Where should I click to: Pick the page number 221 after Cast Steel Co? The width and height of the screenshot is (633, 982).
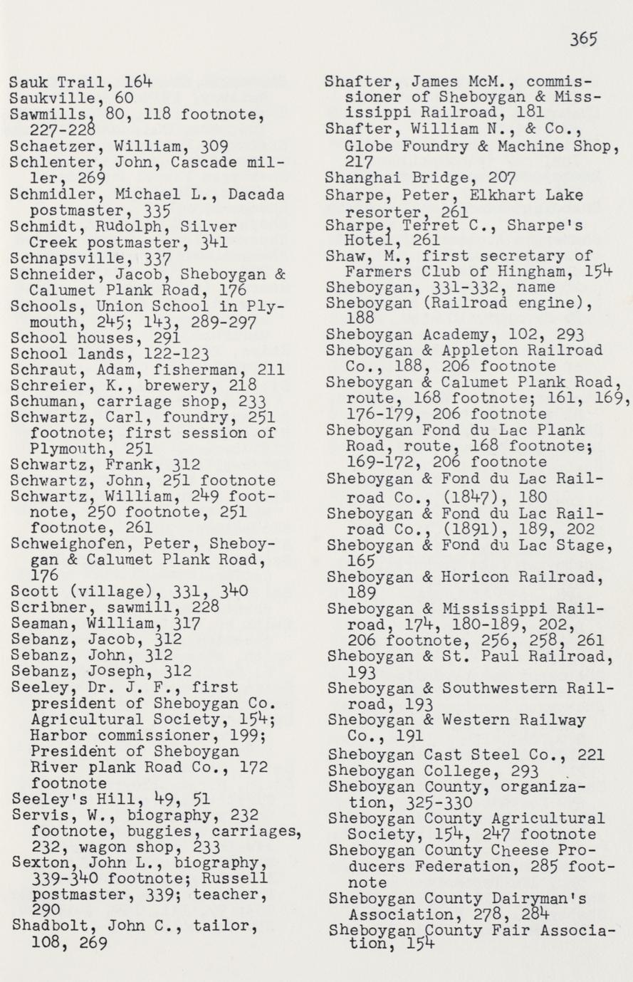(x=590, y=754)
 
